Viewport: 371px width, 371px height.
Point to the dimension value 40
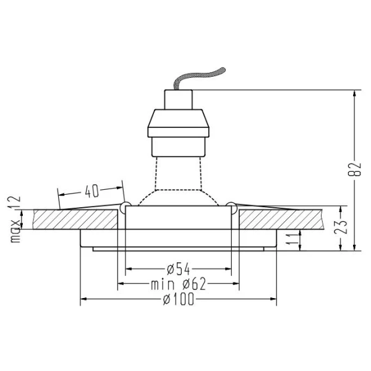click(x=91, y=192)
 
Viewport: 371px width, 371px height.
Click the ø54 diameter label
click(x=178, y=269)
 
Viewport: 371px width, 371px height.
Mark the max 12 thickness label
click(x=15, y=219)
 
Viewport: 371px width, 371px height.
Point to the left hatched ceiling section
click(x=75, y=218)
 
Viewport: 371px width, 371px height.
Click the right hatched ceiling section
click(x=281, y=218)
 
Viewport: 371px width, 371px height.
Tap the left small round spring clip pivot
click(x=126, y=205)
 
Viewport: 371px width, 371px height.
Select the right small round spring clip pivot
click(x=231, y=205)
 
